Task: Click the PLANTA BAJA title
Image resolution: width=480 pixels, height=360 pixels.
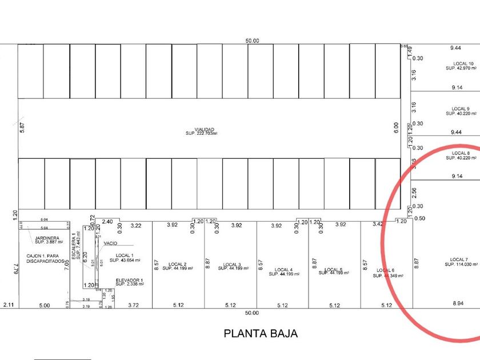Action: click(261, 333)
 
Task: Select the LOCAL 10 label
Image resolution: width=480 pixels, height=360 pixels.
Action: click(463, 63)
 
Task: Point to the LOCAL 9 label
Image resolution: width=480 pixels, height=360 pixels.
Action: click(461, 109)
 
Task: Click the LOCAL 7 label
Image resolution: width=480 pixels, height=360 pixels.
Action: click(459, 259)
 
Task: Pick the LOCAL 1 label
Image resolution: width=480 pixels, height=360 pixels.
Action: click(125, 255)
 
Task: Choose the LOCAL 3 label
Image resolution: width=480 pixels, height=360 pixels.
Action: click(231, 264)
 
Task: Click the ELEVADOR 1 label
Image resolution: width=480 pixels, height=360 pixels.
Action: click(129, 279)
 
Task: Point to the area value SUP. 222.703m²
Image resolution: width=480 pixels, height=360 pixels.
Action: click(201, 134)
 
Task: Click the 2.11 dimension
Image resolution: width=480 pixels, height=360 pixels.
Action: click(8, 305)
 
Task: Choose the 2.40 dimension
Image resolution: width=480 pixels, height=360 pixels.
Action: click(107, 221)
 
